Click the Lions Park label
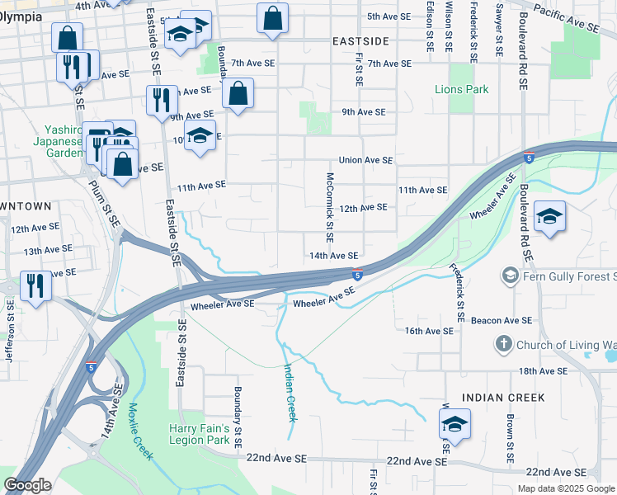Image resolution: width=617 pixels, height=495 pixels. pyautogui.click(x=462, y=89)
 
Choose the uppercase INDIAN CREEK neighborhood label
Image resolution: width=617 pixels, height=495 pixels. pyautogui.click(x=503, y=398)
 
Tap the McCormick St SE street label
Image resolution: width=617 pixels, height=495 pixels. pyautogui.click(x=330, y=206)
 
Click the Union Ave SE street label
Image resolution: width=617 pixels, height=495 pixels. pyautogui.click(x=365, y=160)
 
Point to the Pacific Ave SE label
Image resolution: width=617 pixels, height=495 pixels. pyautogui.click(x=566, y=16)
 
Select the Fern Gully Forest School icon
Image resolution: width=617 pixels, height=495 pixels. pyautogui.click(x=510, y=274)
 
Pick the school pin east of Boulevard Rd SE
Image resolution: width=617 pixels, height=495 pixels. pyautogui.click(x=549, y=217)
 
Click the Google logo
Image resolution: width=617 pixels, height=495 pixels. pyautogui.click(x=27, y=485)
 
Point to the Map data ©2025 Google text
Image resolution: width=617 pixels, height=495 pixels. pyautogui.click(x=565, y=488)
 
